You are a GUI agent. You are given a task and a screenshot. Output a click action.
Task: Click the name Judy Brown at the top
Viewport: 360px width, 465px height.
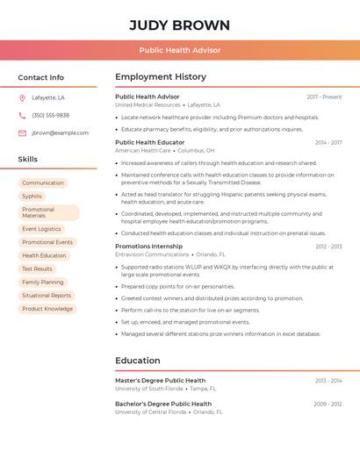point(179,25)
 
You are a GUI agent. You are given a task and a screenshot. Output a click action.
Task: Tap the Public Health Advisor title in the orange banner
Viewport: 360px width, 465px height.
point(179,51)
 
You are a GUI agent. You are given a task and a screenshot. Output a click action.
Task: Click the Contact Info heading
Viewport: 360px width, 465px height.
point(40,77)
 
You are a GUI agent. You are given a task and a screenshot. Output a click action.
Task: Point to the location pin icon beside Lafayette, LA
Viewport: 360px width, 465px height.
point(22,97)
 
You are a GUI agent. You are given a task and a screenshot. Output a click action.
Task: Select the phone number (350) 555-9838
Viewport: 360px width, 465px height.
point(50,115)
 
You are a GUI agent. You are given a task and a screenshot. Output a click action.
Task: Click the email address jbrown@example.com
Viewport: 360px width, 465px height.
point(60,132)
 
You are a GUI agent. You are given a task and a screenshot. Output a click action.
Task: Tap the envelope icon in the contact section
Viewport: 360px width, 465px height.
point(22,132)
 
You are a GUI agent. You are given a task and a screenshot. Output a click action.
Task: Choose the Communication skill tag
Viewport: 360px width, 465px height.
point(43,182)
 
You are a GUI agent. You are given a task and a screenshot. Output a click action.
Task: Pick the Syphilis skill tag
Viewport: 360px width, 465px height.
point(32,197)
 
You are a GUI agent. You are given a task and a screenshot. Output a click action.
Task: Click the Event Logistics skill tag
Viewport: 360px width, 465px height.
point(41,229)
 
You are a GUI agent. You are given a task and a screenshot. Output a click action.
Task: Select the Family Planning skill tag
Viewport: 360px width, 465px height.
point(43,282)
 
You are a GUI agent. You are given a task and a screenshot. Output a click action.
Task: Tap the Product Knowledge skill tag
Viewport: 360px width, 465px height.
point(47,309)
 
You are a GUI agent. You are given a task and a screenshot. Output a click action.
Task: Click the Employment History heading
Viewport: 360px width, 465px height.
point(161,77)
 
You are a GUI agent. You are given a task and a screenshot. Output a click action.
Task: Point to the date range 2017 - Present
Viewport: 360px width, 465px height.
point(324,97)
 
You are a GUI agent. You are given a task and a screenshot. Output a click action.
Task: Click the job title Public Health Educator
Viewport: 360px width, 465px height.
point(150,142)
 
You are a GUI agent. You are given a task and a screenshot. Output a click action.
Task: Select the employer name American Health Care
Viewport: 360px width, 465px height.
point(143,150)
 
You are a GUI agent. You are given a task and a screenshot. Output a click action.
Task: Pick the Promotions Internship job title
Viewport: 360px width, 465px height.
point(149,247)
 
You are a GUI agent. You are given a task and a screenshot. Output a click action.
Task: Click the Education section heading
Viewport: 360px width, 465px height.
point(138,360)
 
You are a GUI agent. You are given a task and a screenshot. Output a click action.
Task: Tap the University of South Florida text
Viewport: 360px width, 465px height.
point(149,388)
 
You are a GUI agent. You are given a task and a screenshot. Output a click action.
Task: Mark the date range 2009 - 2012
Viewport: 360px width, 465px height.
point(328,404)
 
